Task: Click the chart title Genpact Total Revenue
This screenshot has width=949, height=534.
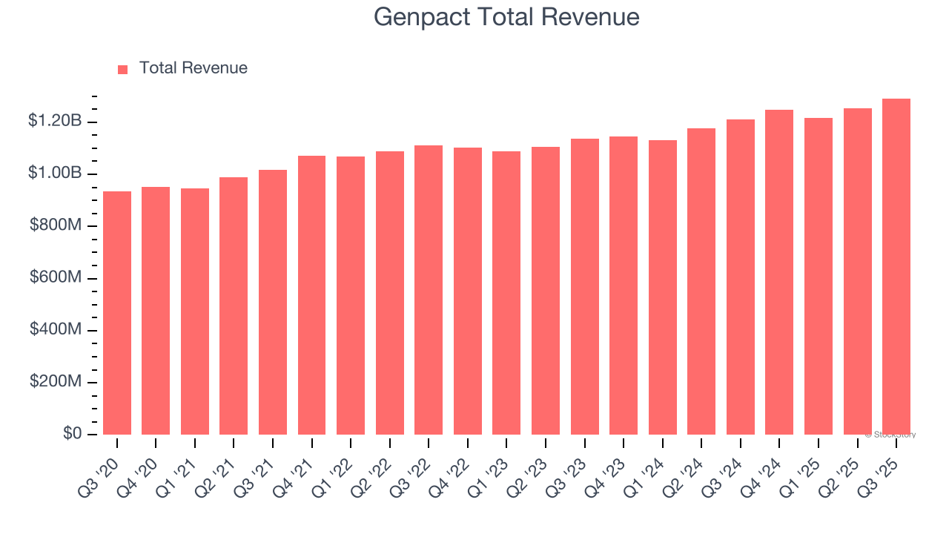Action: click(x=506, y=17)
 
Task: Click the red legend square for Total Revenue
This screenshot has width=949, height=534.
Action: click(x=123, y=69)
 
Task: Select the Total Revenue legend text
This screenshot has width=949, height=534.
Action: click(x=193, y=68)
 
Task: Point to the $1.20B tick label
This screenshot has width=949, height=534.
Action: click(x=54, y=121)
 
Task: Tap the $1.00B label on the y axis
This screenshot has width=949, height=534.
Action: click(x=54, y=173)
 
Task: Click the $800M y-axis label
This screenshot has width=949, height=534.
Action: click(x=56, y=225)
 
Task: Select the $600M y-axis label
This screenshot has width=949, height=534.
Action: click(x=56, y=277)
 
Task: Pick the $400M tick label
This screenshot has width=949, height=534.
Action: click(x=56, y=329)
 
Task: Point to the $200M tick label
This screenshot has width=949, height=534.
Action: click(x=56, y=381)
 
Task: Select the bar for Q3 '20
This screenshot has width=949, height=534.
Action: click(x=117, y=313)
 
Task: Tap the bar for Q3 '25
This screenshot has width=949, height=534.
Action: click(x=896, y=267)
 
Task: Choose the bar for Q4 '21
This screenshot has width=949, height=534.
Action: click(x=311, y=295)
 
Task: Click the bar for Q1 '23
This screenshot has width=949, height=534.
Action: click(x=506, y=293)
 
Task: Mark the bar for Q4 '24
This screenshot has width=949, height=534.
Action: click(x=779, y=272)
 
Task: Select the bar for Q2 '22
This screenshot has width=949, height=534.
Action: click(x=390, y=293)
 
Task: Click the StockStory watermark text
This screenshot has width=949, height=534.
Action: click(x=890, y=435)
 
